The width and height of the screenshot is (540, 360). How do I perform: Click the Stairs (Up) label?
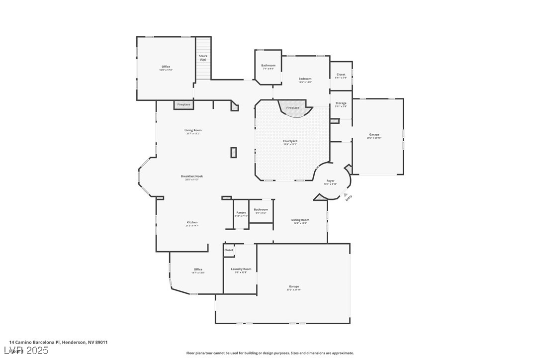pyautogui.click(x=203, y=58)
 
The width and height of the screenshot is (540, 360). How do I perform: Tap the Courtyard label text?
pyautogui.click(x=290, y=141)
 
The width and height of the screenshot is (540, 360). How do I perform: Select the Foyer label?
pyautogui.click(x=330, y=181)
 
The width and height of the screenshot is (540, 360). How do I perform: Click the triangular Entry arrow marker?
pyautogui.click(x=346, y=195)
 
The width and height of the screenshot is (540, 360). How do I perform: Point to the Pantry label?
pyautogui.click(x=241, y=213)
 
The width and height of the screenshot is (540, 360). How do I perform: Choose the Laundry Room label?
pyautogui.click(x=241, y=270)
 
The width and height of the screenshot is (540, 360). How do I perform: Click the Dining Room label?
pyautogui.click(x=300, y=220)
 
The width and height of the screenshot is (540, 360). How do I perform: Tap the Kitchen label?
pyautogui.click(x=192, y=223)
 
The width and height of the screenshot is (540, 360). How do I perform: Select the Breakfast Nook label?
pyautogui.click(x=192, y=177)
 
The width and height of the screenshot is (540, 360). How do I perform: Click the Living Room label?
pyautogui.click(x=193, y=131)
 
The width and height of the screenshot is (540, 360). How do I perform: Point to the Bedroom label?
pyautogui.click(x=305, y=79)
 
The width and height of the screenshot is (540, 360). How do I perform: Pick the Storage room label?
pyautogui.click(x=341, y=103)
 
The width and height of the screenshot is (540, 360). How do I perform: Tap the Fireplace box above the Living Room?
pyautogui.click(x=183, y=105)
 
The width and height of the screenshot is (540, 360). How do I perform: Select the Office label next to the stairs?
pyautogui.click(x=166, y=67)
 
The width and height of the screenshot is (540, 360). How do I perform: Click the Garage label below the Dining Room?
pyautogui.click(x=294, y=287)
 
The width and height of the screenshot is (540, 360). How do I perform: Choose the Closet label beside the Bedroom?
pyautogui.click(x=341, y=75)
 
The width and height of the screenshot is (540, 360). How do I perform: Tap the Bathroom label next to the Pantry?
pyautogui.click(x=261, y=210)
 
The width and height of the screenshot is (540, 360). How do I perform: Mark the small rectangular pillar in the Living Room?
pyautogui.click(x=233, y=153)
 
